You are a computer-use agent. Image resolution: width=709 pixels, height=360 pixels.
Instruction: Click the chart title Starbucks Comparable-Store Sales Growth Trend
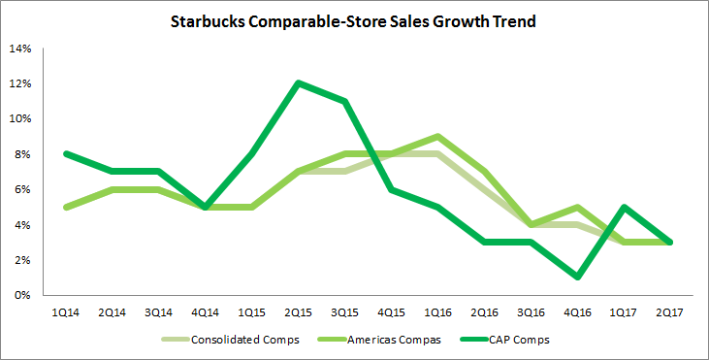(x=353, y=21)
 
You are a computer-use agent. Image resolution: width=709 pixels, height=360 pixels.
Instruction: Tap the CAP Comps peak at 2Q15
(x=299, y=83)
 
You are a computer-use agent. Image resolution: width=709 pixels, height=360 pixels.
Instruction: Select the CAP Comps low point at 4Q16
(x=577, y=278)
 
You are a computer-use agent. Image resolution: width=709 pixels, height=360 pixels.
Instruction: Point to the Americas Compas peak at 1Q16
(x=438, y=136)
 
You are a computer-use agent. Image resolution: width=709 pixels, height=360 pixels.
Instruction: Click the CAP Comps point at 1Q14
(x=66, y=153)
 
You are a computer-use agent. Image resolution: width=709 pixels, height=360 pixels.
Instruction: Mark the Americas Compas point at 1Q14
(x=66, y=207)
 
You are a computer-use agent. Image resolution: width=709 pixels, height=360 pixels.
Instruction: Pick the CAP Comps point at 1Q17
(x=624, y=207)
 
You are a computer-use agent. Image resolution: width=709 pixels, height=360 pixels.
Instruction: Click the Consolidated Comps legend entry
(x=230, y=340)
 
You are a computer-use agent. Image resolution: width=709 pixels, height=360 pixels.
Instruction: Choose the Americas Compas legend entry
(x=379, y=340)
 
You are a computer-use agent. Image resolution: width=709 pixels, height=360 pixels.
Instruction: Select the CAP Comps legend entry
(x=504, y=340)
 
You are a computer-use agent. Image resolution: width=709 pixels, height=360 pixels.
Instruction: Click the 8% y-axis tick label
(x=23, y=154)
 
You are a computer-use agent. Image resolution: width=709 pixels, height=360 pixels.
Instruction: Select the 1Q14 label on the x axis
(x=66, y=312)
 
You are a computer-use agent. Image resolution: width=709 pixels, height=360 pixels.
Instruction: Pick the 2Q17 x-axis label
(x=670, y=312)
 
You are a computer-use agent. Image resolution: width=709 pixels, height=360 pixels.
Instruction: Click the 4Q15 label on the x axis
(x=392, y=312)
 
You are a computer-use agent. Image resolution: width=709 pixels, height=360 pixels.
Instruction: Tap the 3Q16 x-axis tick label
(x=531, y=312)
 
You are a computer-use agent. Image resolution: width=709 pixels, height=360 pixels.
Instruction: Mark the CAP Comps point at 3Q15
(x=345, y=101)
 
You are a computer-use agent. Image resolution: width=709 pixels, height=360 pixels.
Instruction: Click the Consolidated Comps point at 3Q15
(x=345, y=172)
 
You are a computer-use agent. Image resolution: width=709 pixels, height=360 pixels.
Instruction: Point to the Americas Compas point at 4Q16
(x=577, y=207)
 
